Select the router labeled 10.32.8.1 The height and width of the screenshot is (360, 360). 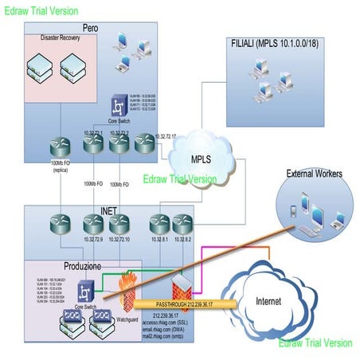coord(160,224)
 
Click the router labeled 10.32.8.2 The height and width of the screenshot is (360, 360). coord(182,224)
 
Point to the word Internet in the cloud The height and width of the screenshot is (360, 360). coord(269,301)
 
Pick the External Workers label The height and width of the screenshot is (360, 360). coord(314,173)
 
